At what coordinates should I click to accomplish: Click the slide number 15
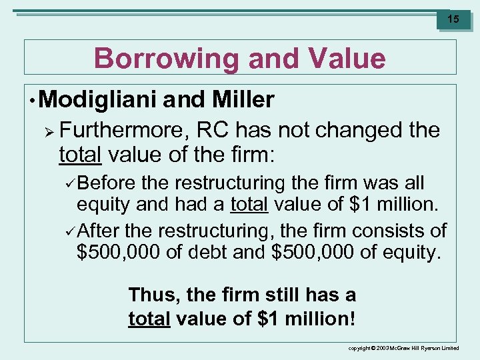pos(453,19)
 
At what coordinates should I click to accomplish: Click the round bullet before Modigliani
pos(33,101)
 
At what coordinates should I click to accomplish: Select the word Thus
pos(150,294)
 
